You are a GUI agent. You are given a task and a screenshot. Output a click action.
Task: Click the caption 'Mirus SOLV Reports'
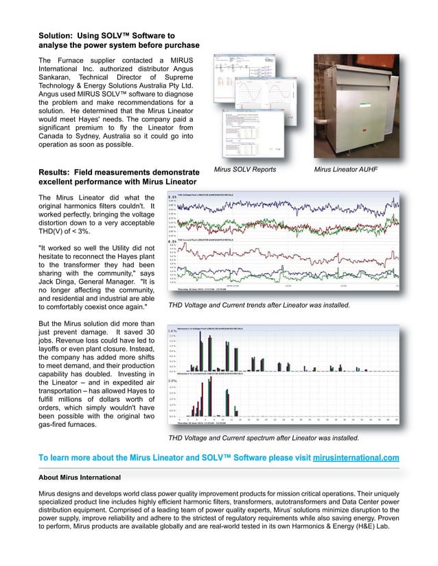[241, 169]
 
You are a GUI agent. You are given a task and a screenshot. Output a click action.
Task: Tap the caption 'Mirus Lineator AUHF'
[345, 169]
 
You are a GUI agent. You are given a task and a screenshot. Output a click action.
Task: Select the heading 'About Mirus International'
[79, 477]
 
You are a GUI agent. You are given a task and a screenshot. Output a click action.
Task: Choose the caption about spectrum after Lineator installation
[264, 436]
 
